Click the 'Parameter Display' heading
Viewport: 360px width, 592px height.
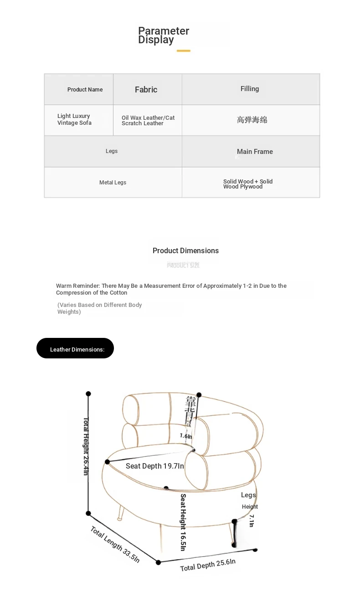click(x=163, y=35)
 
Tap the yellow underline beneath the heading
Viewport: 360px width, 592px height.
click(x=183, y=51)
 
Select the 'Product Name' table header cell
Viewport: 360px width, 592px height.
click(x=85, y=90)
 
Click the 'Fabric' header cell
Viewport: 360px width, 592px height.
click(x=146, y=90)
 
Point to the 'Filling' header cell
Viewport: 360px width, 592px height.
click(x=250, y=89)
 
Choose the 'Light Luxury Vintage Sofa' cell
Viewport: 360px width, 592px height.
click(x=74, y=119)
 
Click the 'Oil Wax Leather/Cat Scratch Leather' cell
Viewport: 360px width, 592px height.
click(x=148, y=120)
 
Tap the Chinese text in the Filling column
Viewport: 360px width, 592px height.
click(x=252, y=120)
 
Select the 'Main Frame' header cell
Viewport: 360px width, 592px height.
click(x=255, y=152)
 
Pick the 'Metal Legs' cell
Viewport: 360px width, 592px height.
click(x=113, y=183)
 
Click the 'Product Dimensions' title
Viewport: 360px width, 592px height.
click(x=185, y=250)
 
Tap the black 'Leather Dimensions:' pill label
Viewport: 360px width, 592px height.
click(x=76, y=348)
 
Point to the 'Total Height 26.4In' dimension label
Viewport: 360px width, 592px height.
click(x=86, y=446)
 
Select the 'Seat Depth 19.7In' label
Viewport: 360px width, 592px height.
click(x=155, y=466)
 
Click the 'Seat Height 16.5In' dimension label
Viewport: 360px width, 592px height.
click(x=183, y=522)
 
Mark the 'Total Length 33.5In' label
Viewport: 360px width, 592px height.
click(x=115, y=544)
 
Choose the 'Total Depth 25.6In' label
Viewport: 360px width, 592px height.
click(x=208, y=565)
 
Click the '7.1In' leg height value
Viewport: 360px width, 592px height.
click(x=251, y=521)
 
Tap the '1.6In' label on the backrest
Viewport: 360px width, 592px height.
click(x=186, y=436)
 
